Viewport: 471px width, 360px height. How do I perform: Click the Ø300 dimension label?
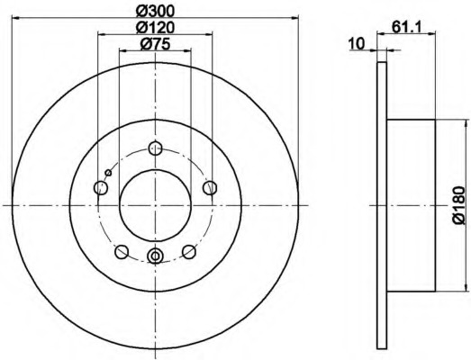pos(155,11)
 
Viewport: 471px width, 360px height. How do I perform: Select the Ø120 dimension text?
pos(155,28)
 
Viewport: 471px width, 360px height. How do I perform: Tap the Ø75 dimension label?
pos(155,44)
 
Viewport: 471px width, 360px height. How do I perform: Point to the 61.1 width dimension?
pos(407,28)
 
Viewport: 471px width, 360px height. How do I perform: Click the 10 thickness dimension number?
pos(357,43)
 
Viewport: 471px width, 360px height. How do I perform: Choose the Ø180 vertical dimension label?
pos(459,205)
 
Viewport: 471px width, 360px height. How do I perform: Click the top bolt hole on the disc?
pos(155,148)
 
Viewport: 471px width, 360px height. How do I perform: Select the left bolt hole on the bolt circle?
pos(101,188)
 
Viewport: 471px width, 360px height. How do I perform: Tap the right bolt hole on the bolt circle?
pos(210,188)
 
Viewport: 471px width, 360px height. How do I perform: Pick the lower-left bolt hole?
pos(122,252)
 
